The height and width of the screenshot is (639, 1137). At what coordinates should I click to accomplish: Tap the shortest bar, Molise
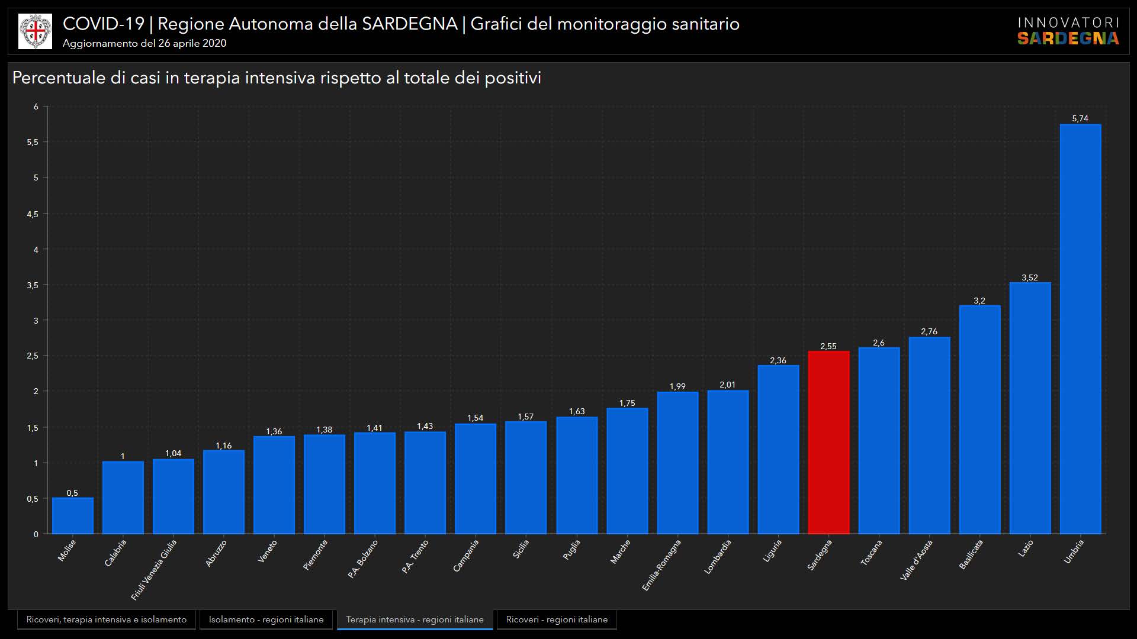click(x=72, y=516)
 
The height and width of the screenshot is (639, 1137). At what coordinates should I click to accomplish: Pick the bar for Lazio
click(x=1030, y=408)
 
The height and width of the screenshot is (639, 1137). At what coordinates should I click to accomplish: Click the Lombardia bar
click(x=728, y=462)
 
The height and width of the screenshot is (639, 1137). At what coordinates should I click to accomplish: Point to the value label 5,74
click(x=1080, y=118)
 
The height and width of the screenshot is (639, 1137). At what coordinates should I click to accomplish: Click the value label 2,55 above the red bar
click(x=828, y=346)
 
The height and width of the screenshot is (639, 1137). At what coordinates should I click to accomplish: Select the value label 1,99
click(x=677, y=386)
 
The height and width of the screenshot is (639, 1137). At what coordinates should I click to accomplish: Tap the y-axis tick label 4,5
click(x=33, y=214)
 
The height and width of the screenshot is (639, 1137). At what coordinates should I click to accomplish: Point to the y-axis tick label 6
click(x=36, y=106)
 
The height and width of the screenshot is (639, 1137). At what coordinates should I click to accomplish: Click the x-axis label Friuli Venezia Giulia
click(x=154, y=569)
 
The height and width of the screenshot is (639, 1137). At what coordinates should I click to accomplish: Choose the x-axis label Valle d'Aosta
click(x=916, y=559)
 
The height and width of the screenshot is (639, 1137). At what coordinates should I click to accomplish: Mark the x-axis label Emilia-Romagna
click(x=661, y=564)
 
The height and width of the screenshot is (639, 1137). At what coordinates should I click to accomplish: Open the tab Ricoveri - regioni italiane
click(x=557, y=619)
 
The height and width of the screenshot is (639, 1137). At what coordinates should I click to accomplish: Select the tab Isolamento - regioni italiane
click(x=266, y=619)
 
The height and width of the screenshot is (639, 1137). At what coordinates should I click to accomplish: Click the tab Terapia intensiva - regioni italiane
click(x=415, y=619)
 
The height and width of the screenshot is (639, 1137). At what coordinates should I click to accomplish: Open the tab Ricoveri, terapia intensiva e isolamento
click(x=107, y=619)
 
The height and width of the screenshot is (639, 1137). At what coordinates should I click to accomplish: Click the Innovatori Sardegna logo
click(x=1068, y=31)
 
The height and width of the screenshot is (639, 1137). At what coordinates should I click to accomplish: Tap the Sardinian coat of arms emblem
click(x=35, y=31)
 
